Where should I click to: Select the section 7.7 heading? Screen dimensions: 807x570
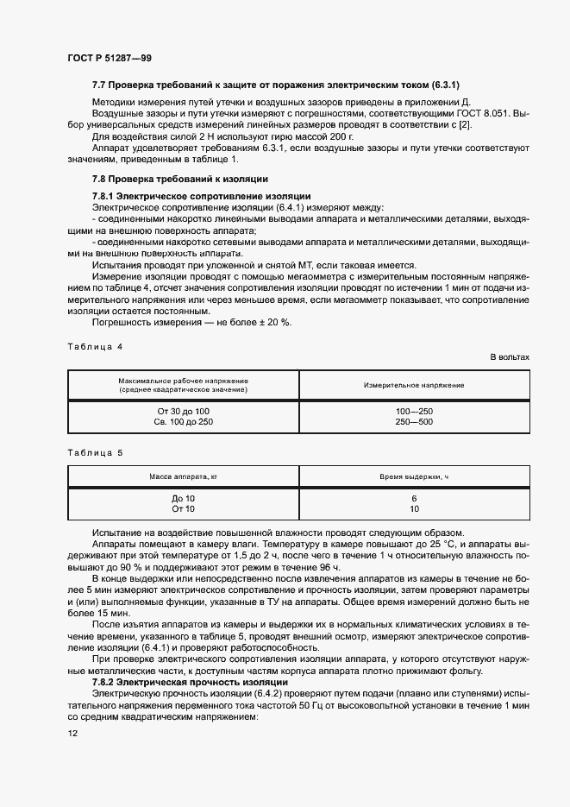click(x=276, y=85)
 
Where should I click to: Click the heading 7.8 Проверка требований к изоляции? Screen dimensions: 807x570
click(x=180, y=179)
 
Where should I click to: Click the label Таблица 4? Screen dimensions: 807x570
click(x=95, y=346)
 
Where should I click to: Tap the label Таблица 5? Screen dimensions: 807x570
click(x=95, y=452)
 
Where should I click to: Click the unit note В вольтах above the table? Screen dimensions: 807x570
click(x=510, y=356)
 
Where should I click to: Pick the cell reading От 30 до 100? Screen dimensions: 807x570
click(x=183, y=410)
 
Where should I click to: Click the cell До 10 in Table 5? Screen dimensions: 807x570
click(x=183, y=499)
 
